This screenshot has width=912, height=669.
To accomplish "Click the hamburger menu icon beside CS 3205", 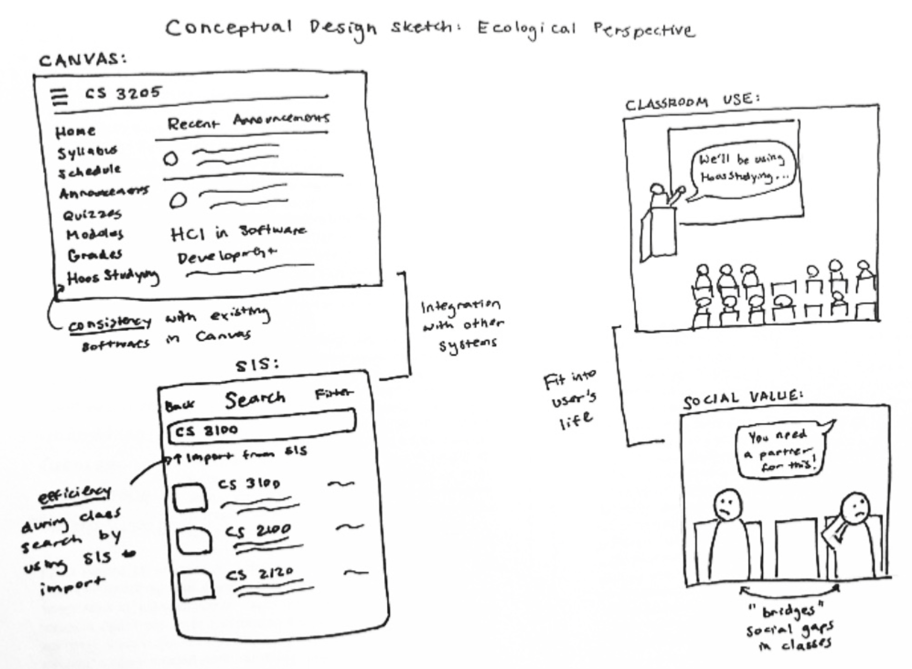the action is [59, 97].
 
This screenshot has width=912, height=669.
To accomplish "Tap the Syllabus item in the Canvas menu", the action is [87, 152].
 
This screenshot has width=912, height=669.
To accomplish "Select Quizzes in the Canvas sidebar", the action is [92, 214].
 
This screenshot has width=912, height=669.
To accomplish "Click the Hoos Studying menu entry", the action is [113, 277].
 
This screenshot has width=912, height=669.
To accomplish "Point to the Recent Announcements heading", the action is [248, 121].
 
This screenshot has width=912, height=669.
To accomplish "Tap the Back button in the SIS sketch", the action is [180, 405].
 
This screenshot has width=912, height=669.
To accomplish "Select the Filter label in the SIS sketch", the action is [333, 394].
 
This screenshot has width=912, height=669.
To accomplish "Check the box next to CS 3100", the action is [190, 497].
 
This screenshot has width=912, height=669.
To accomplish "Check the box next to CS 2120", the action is [196, 585].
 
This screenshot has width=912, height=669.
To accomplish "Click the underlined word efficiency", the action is [75, 494].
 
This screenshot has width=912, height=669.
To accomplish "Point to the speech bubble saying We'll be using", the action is [741, 169].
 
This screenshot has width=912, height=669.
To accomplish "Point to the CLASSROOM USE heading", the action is [692, 102].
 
